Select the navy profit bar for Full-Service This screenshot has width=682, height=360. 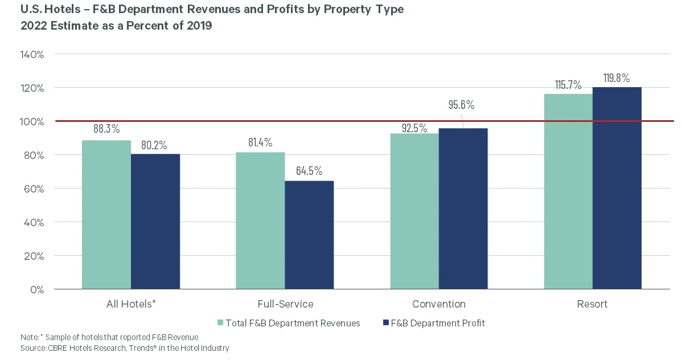pyautogui.click(x=309, y=235)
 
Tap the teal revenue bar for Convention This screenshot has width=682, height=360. pyautogui.click(x=414, y=211)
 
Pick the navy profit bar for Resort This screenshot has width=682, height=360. pyautogui.click(x=617, y=188)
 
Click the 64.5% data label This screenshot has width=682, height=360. pyautogui.click(x=309, y=170)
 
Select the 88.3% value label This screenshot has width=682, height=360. pyautogui.click(x=106, y=129)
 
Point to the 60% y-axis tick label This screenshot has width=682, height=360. pyautogui.click(x=34, y=189)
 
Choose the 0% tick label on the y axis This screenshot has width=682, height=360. pyautogui.click(x=38, y=289)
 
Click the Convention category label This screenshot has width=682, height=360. pyautogui.click(x=439, y=304)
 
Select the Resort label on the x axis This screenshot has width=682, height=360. pyautogui.click(x=593, y=304)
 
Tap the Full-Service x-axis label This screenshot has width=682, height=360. pyautogui.click(x=285, y=304)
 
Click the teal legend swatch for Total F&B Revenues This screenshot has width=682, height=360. pyautogui.click(x=220, y=324)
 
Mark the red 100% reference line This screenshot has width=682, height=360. pyautogui.click(x=364, y=121)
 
